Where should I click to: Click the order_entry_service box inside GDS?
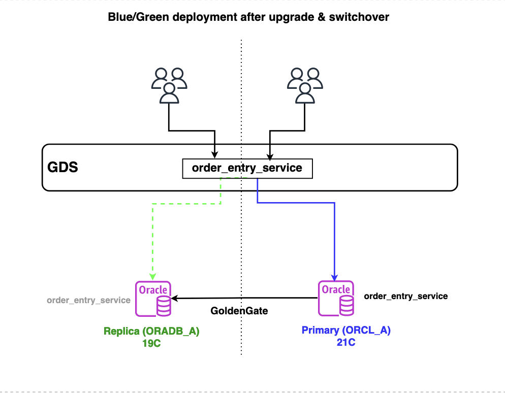coord(247,168)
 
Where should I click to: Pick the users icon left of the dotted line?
coord(170,85)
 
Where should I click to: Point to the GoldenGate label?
coord(239,311)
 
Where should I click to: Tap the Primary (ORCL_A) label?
coord(346,331)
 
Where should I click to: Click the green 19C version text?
coord(151,343)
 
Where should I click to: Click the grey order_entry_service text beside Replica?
coord(89,300)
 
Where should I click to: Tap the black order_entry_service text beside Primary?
coord(406,296)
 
